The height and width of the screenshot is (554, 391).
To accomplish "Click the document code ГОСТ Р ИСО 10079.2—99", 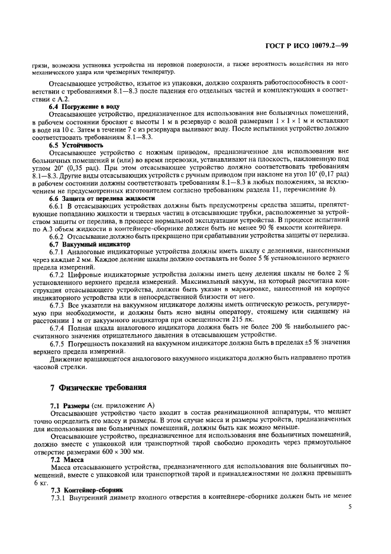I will coord(314,46).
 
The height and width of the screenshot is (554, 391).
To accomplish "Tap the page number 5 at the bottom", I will coord(350,507).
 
